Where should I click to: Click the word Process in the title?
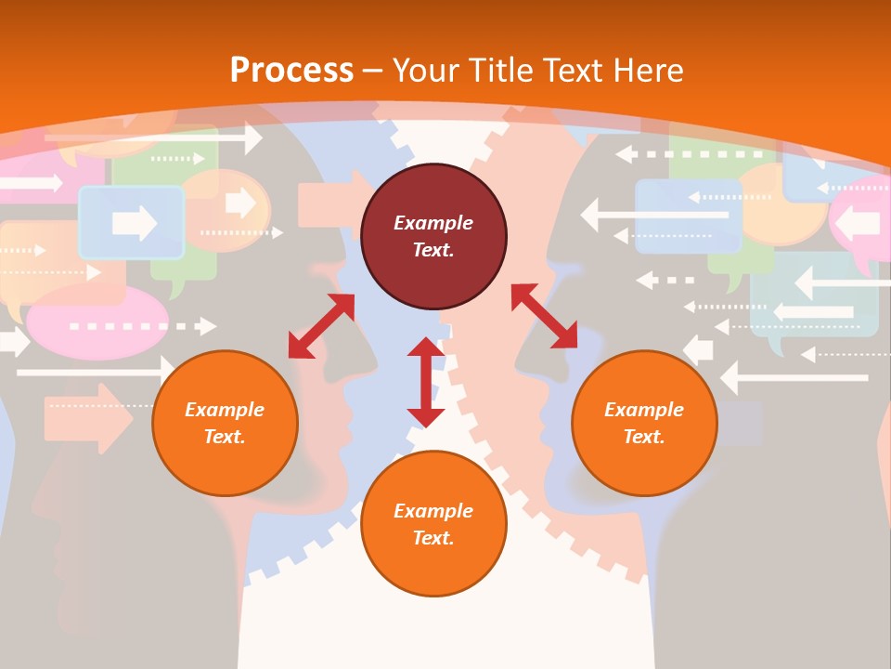tap(291, 70)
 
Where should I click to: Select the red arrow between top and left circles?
tap(321, 325)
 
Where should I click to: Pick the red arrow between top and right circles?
tap(544, 316)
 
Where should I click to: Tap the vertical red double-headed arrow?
tap(426, 382)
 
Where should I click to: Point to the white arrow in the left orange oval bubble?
tap(239, 202)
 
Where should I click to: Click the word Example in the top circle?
tap(433, 223)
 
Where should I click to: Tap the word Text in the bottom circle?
tap(433, 538)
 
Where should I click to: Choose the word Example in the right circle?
tap(644, 410)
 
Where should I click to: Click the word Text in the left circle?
tap(225, 437)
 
